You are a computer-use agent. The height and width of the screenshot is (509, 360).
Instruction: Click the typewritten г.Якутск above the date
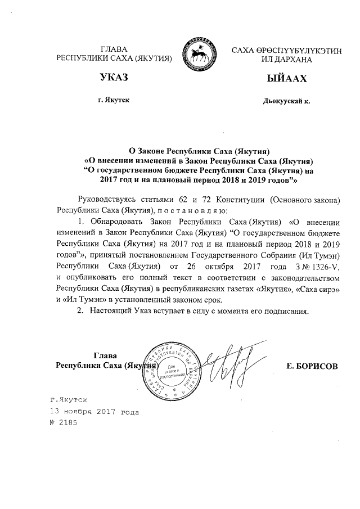coord(66,400)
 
